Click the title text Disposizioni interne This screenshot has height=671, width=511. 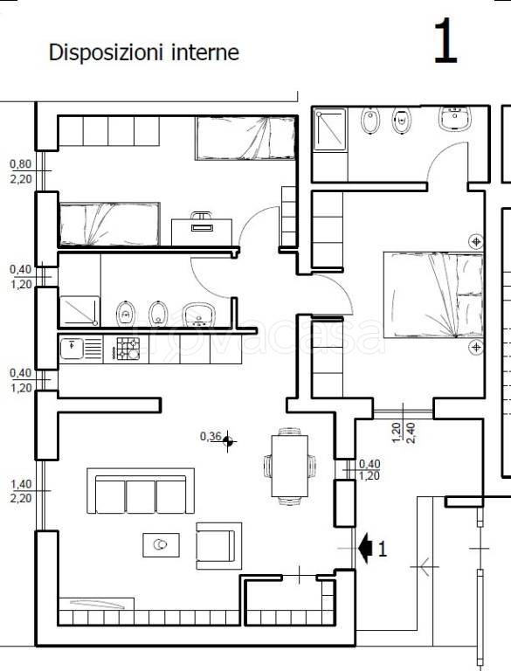click(144, 52)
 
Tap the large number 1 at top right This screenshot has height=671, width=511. click(445, 42)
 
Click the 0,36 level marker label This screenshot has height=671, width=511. click(211, 437)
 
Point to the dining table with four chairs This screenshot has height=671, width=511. click(290, 466)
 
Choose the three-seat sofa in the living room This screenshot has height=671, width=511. click(141, 491)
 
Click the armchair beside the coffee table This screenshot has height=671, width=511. click(218, 546)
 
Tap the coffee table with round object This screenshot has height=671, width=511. click(161, 545)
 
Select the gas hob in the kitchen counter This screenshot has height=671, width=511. click(128, 349)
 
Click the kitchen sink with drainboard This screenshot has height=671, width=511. click(81, 349)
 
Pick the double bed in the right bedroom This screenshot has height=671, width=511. click(433, 294)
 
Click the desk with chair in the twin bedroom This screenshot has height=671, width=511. click(202, 229)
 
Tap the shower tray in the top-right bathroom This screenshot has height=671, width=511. click(330, 128)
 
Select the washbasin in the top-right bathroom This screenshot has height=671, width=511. click(454, 118)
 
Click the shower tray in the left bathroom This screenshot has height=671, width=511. click(79, 311)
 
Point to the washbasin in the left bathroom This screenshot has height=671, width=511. click(198, 315)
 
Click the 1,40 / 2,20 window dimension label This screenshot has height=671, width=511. click(21, 491)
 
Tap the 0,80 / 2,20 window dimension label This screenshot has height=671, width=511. click(21, 171)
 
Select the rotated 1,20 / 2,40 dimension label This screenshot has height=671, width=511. click(403, 432)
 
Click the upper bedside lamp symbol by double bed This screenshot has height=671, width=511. click(476, 241)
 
